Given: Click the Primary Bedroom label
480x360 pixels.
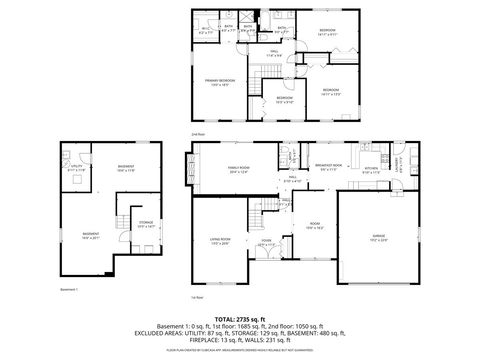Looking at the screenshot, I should point(219,80).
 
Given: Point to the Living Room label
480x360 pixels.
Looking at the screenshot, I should point(219,239).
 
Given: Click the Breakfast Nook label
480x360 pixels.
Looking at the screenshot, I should point(328,165).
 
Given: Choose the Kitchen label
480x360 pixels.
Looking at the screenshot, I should point(371,168).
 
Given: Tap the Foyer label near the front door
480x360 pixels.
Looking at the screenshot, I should point(266,241).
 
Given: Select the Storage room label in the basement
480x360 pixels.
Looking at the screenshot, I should point(146,223).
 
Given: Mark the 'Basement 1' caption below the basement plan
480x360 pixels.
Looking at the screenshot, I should point(69,288).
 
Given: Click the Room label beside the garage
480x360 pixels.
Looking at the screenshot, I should point(314,224).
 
